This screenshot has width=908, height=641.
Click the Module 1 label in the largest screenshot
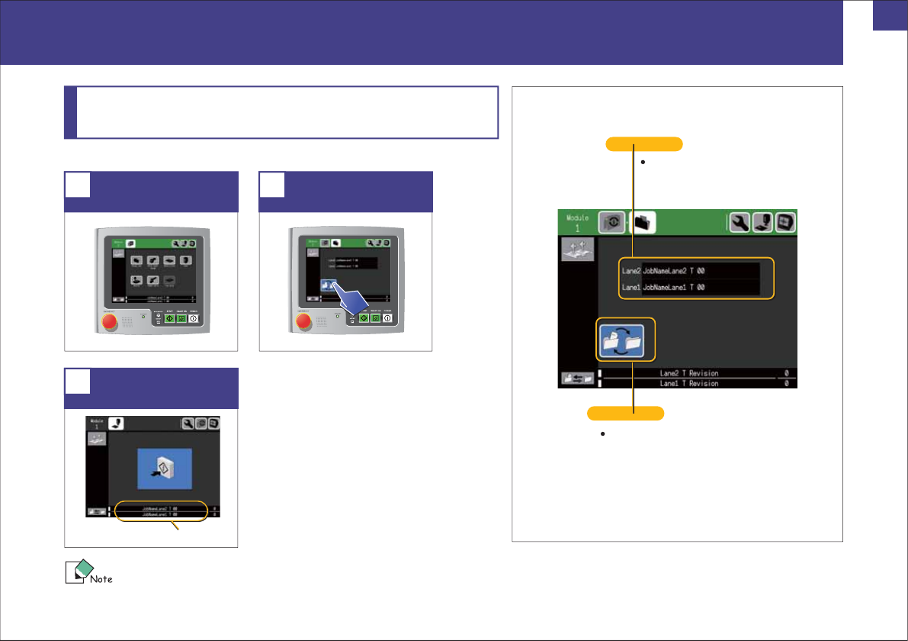point(577,223)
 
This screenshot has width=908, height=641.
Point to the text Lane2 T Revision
point(688,373)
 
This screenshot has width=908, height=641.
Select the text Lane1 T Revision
point(688,383)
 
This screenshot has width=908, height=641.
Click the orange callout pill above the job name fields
point(643,143)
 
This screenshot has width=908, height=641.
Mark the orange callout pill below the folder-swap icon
point(625,414)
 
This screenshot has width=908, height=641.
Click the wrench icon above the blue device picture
point(187,423)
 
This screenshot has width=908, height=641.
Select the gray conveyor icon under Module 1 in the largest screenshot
point(577,249)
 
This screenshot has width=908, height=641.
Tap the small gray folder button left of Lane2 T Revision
point(577,378)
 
